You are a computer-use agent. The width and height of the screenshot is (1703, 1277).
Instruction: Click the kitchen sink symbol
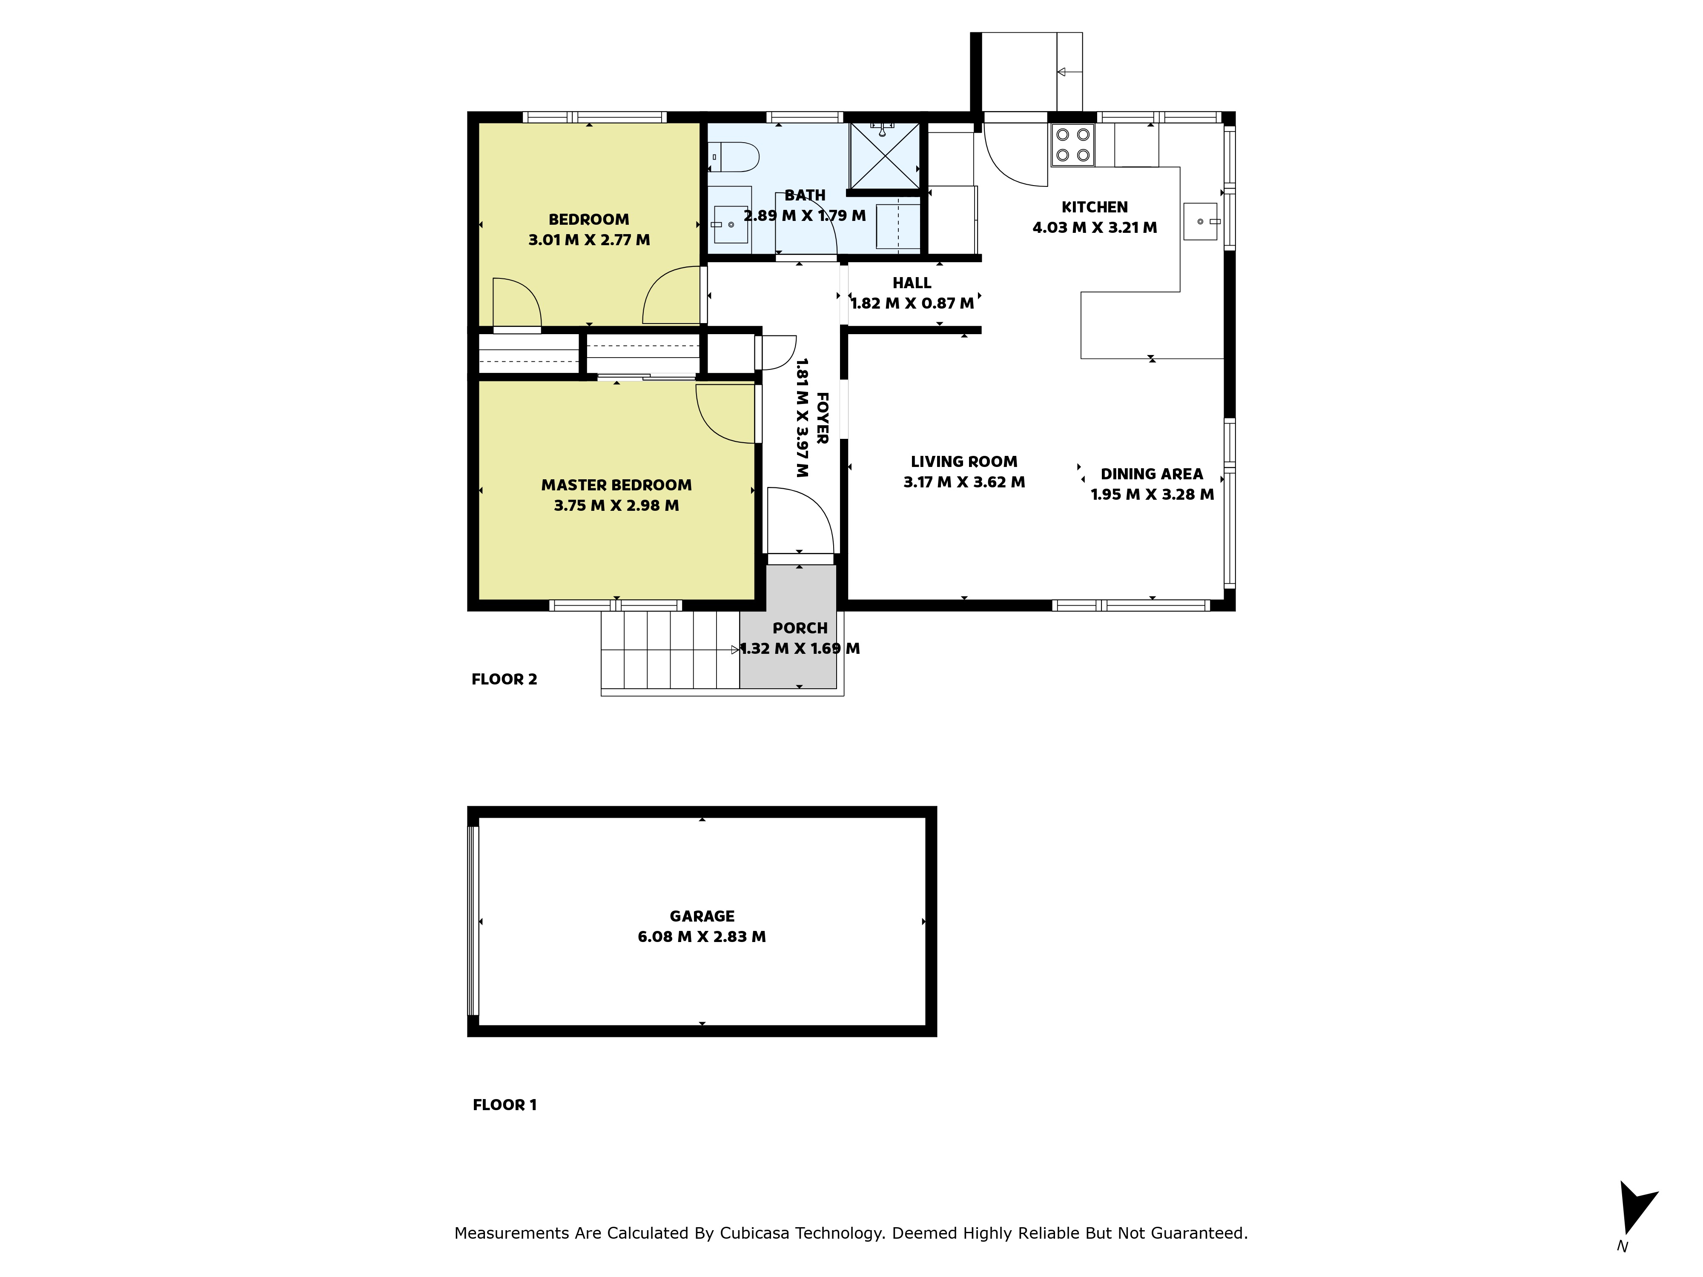(1200, 222)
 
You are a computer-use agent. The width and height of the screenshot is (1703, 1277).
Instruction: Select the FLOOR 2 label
(504, 679)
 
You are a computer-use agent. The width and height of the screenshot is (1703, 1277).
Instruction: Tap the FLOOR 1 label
(504, 1105)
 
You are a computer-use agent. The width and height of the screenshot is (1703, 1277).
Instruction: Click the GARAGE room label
(702, 916)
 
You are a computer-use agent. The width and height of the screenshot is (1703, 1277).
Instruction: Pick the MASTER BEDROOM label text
(616, 485)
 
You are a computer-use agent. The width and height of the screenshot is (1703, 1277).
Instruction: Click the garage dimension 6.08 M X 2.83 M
(702, 937)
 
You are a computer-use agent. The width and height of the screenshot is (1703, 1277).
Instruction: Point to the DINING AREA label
(1152, 474)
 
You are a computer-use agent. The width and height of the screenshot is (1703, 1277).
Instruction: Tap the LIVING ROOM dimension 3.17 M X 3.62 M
(964, 482)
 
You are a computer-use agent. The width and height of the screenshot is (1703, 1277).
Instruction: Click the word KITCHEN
(1095, 207)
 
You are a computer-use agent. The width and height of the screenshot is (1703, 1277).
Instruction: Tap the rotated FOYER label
(821, 418)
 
